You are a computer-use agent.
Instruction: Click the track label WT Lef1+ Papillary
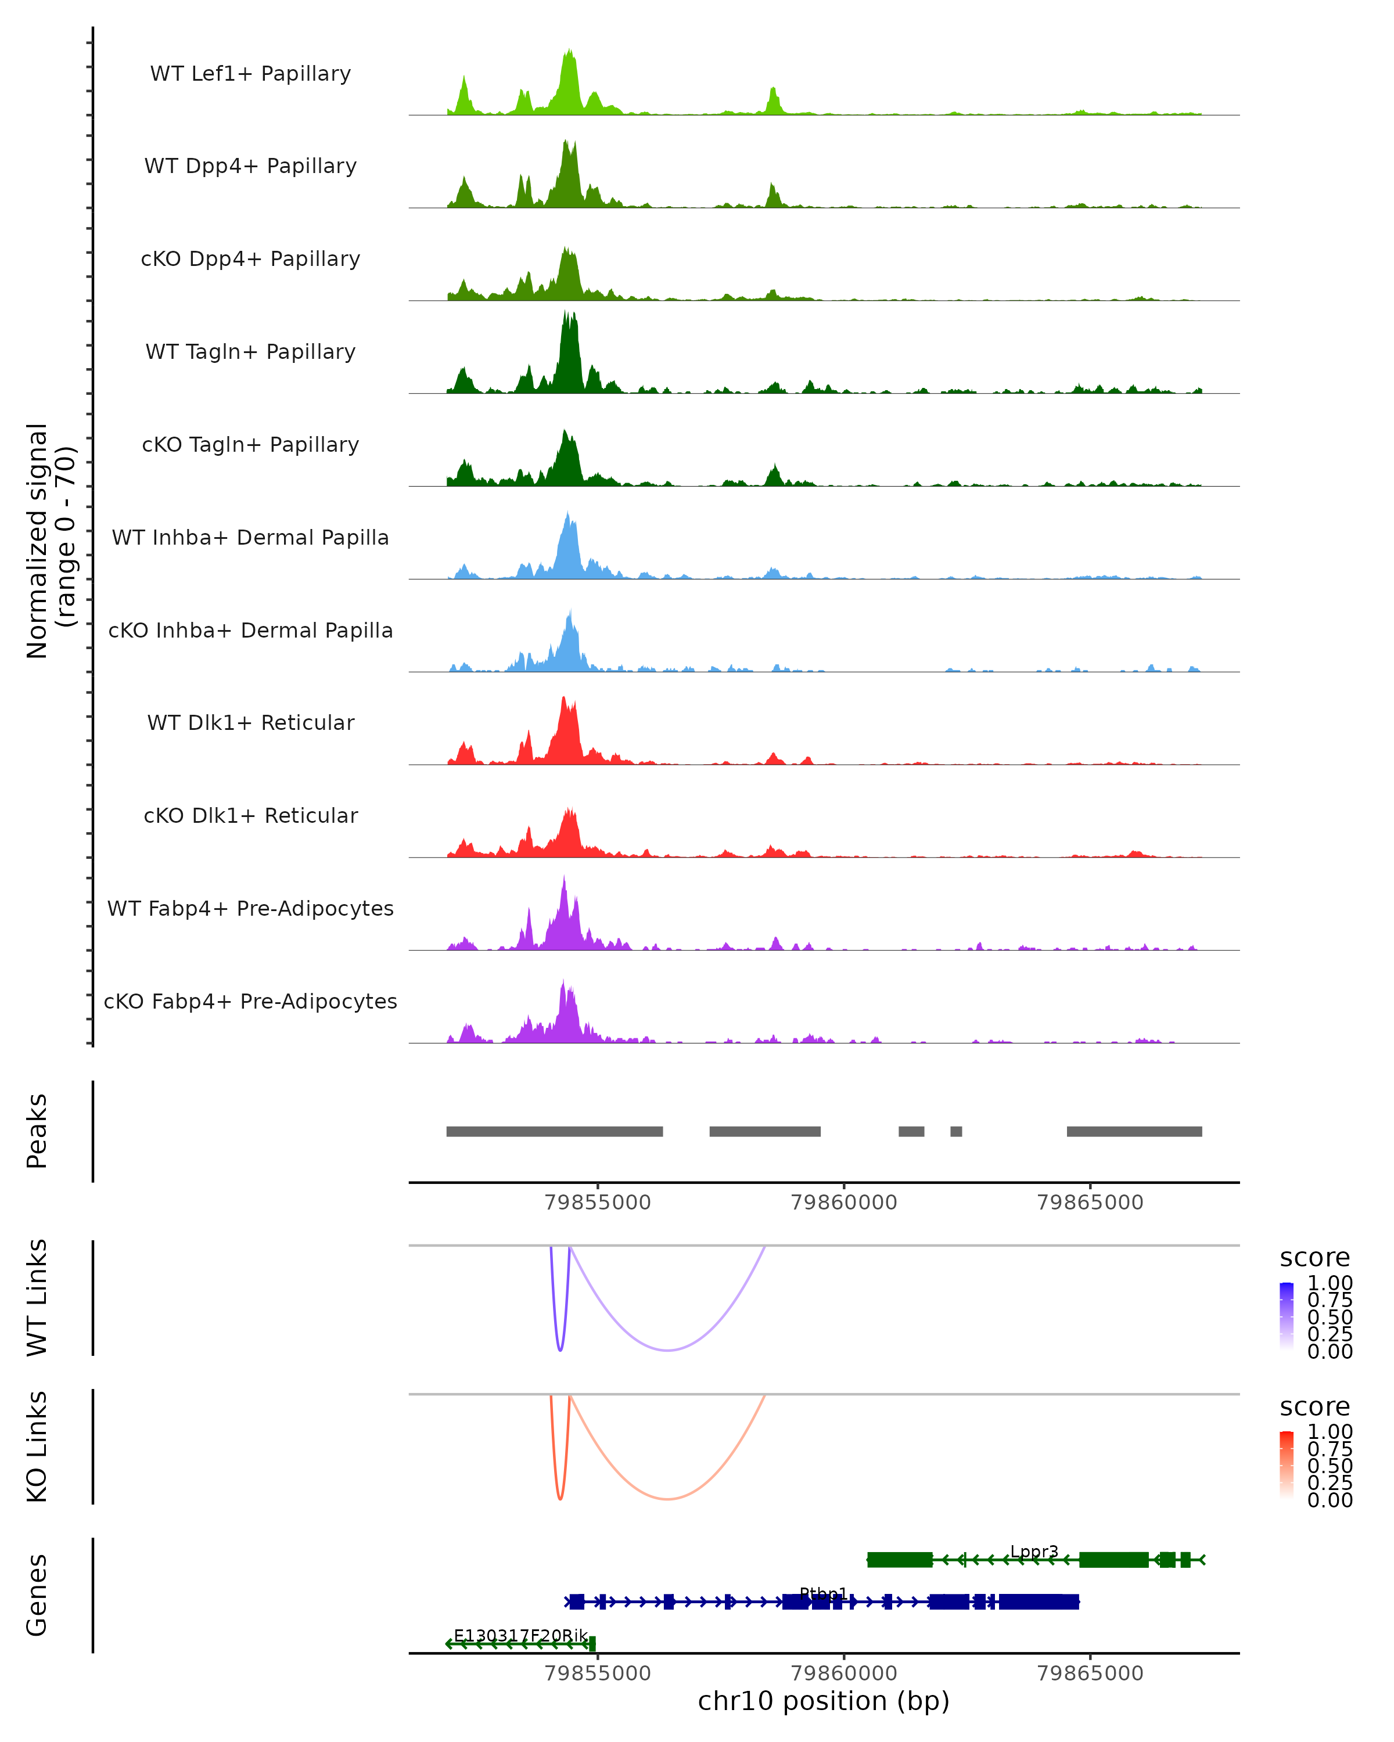click(x=250, y=74)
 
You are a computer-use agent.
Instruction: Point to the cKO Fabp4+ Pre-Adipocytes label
click(x=250, y=1001)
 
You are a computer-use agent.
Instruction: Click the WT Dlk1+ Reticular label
click(x=250, y=722)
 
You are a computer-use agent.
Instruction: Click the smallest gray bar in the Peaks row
click(x=956, y=1131)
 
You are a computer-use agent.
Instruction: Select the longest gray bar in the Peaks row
click(x=554, y=1131)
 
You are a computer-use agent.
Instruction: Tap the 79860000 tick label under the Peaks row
click(x=844, y=1203)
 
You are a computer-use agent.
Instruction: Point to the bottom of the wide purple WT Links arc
click(x=667, y=1350)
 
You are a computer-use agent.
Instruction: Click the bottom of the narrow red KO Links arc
click(x=560, y=1499)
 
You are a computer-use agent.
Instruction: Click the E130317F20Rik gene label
click(x=520, y=1635)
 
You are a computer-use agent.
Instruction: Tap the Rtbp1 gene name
click(x=822, y=1593)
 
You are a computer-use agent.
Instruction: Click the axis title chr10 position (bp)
click(x=824, y=1701)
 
